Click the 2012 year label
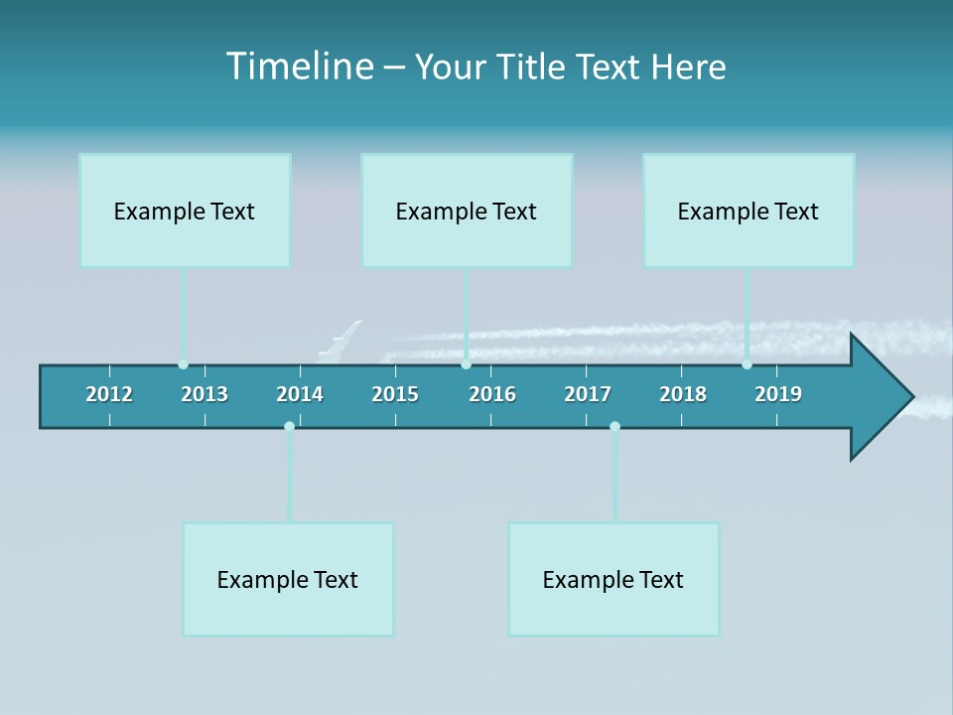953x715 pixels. tap(109, 394)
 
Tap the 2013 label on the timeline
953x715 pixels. tap(204, 394)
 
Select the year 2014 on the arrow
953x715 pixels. tap(300, 394)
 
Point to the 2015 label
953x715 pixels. tap(395, 394)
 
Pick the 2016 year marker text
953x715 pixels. tap(492, 394)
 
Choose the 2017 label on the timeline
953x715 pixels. tap(588, 394)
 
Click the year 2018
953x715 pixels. tap(683, 394)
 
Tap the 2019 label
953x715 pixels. tap(778, 394)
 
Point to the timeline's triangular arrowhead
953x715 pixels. tap(880, 397)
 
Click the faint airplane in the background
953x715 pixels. tap(340, 340)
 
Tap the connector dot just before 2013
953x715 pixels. tap(183, 364)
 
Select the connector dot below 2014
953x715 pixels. tap(289, 426)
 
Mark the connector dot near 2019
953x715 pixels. tap(747, 364)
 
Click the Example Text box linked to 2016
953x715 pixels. tap(467, 211)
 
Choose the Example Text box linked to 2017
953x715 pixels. tap(613, 579)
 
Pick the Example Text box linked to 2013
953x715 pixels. tap(185, 211)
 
